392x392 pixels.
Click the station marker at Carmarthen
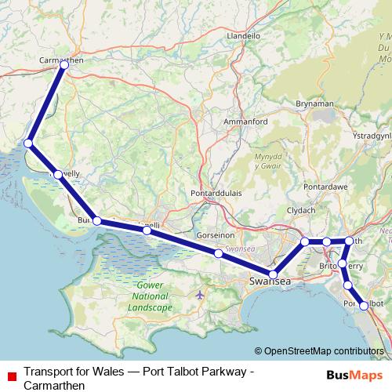pyautogui.click(x=64, y=66)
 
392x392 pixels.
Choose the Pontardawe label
pyautogui.click(x=328, y=189)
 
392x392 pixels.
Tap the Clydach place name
pyautogui.click(x=301, y=211)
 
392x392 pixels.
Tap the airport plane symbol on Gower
pyautogui.click(x=201, y=295)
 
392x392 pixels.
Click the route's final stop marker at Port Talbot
pyautogui.click(x=364, y=307)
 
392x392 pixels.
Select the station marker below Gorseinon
pyautogui.click(x=218, y=253)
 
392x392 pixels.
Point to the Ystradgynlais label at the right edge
pyautogui.click(x=373, y=136)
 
